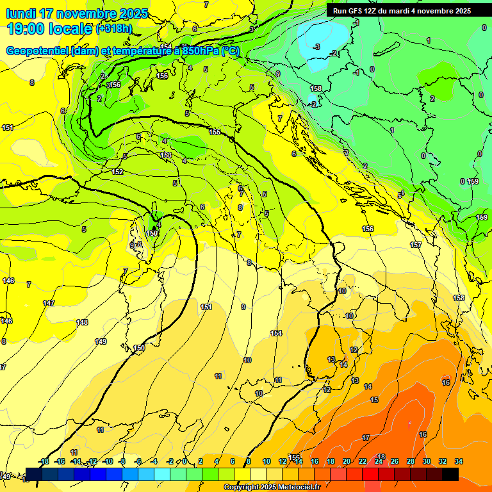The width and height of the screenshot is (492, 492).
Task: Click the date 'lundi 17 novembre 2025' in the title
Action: (x=77, y=13)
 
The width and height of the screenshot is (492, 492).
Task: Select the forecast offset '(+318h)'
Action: (x=114, y=28)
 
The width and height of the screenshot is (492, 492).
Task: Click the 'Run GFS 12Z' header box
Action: (x=402, y=11)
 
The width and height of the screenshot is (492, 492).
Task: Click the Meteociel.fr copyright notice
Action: (x=272, y=488)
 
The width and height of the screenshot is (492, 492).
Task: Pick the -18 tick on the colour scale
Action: (x=44, y=461)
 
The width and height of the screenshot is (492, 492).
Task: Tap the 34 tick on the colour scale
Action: (x=459, y=461)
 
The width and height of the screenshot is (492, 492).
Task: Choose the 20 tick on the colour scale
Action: (x=347, y=461)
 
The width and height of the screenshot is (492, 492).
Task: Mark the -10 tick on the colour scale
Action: (x=108, y=461)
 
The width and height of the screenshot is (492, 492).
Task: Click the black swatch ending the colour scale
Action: (x=450, y=474)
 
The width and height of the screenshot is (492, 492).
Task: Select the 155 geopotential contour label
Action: (x=215, y=132)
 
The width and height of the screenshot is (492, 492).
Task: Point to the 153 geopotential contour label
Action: (x=166, y=155)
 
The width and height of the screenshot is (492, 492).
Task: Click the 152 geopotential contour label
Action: (x=117, y=172)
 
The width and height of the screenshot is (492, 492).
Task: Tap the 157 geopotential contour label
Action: (x=416, y=245)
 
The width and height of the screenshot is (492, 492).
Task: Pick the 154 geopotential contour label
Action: (x=276, y=333)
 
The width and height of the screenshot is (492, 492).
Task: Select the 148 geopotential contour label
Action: (x=82, y=322)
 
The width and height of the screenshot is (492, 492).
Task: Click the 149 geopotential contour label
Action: (x=101, y=341)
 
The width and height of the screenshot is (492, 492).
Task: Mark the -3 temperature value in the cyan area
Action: (x=316, y=47)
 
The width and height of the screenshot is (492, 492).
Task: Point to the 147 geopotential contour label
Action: (x=49, y=303)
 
